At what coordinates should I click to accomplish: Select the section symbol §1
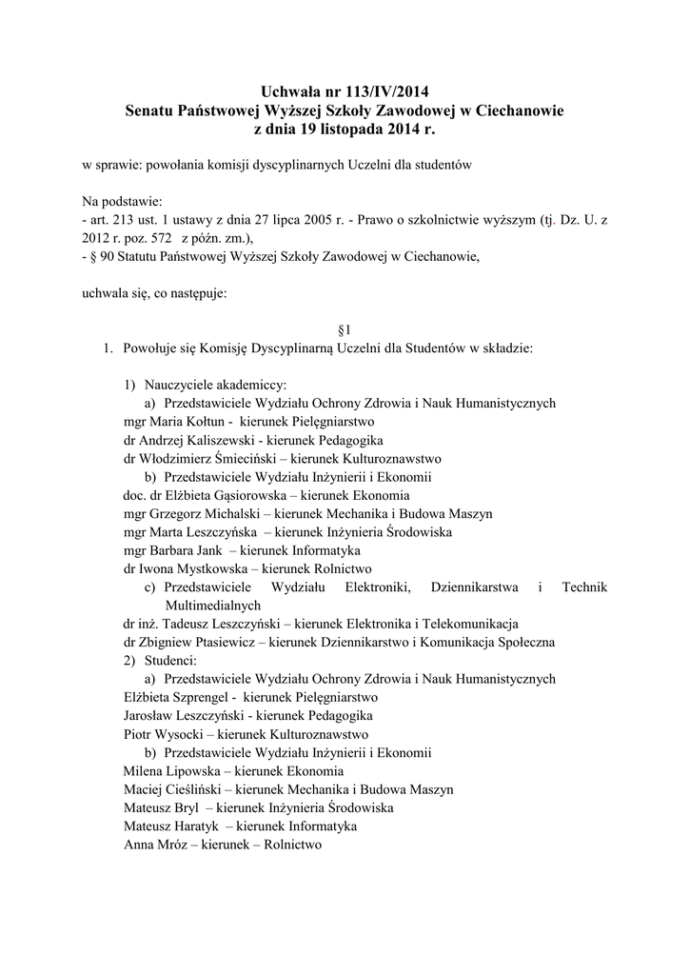point(345,329)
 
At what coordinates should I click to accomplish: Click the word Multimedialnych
point(212,605)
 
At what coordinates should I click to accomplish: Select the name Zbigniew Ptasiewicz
point(199,642)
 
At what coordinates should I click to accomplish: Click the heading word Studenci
point(170,660)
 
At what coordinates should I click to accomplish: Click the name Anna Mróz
point(154,845)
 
